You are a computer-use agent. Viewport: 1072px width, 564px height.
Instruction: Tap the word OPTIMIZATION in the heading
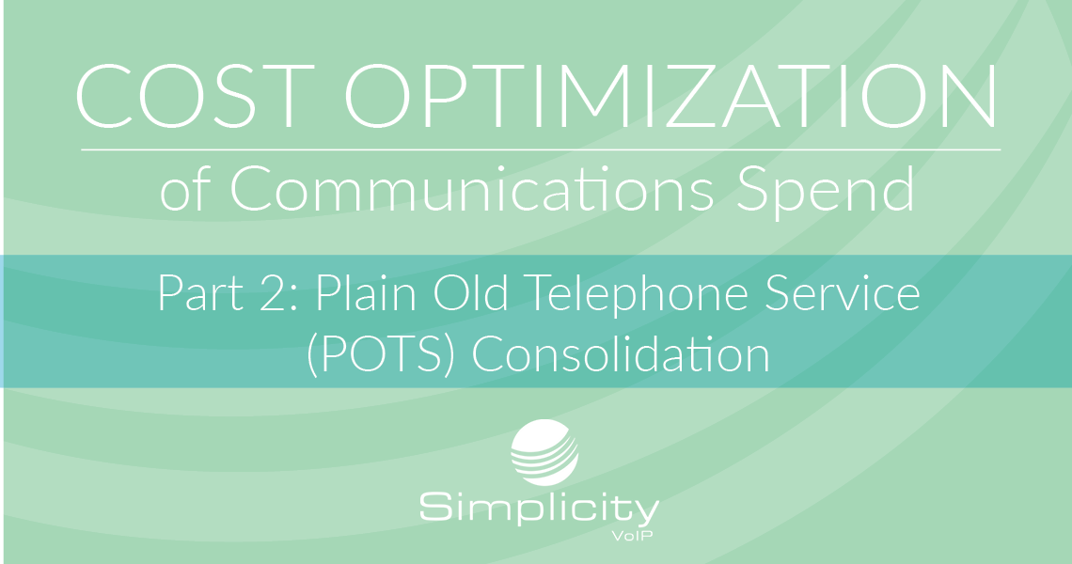[x=670, y=96]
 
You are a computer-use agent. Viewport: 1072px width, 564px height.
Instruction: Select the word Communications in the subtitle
[x=472, y=189]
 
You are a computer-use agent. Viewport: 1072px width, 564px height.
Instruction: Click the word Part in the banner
[x=201, y=293]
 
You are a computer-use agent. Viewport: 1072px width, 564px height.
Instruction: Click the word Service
[x=842, y=293]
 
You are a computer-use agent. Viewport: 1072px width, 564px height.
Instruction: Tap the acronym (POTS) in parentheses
[x=381, y=355]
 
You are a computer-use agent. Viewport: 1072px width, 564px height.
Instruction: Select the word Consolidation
[x=621, y=353]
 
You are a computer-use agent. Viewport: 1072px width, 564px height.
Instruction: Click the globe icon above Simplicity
[x=544, y=452]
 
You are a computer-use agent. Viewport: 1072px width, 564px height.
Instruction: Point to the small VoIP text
[x=633, y=535]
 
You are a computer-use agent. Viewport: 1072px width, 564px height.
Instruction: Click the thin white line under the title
[x=541, y=149]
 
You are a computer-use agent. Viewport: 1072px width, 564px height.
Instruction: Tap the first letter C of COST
[x=102, y=96]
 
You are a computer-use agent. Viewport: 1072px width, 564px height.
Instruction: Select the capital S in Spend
[x=753, y=189]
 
